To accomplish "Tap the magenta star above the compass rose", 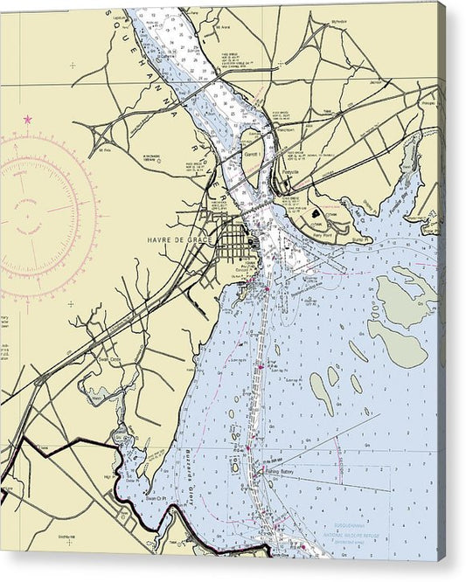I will pos(28,118).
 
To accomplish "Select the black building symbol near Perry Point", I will pos(314,212).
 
